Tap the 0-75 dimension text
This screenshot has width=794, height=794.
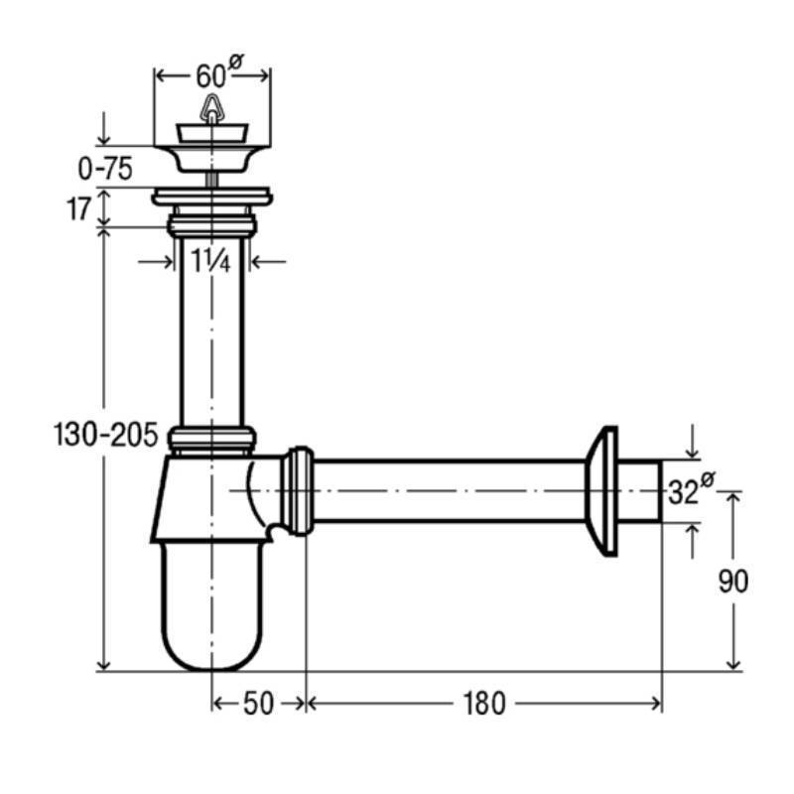105,169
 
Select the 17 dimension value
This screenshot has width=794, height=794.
79,208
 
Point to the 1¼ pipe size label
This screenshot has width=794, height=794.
210,261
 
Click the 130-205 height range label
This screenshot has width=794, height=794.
106,435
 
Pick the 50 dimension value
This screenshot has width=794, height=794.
258,704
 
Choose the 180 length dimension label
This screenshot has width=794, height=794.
484,704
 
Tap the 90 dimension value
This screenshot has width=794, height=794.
733,582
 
